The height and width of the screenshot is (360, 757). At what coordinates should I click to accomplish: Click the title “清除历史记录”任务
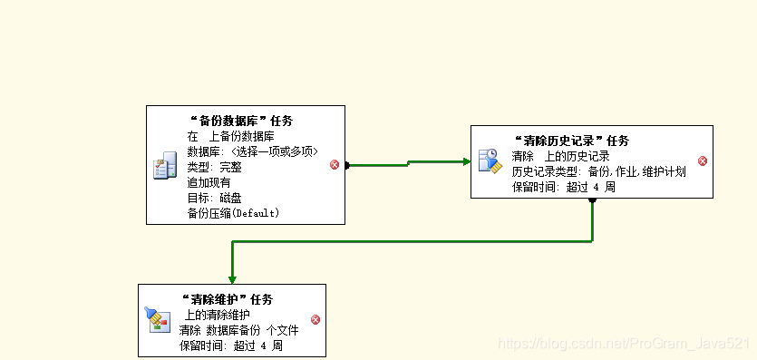coord(570,141)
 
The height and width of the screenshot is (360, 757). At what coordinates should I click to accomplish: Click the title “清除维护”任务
coord(227,299)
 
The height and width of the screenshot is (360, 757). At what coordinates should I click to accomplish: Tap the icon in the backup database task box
coord(164,166)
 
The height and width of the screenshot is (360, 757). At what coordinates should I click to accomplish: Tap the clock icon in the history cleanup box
coord(489,161)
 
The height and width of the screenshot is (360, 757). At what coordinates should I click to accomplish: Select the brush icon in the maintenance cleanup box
coord(155,317)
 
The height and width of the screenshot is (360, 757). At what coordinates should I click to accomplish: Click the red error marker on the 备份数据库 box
coord(334,164)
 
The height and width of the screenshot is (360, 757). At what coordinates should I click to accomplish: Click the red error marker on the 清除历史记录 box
coord(703,161)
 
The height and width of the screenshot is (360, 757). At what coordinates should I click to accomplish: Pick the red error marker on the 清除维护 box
coord(315,319)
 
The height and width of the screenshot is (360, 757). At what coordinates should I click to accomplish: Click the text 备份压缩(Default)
coord(233,213)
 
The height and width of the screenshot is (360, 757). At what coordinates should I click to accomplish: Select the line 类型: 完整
coord(215,167)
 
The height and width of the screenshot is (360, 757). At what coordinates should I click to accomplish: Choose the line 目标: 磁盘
coord(214,198)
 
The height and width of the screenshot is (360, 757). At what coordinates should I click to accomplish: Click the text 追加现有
coord(209,182)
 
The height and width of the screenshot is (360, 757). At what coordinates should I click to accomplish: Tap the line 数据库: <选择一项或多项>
coord(252,151)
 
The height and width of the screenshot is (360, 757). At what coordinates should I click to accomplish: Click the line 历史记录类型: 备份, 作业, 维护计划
coord(598,171)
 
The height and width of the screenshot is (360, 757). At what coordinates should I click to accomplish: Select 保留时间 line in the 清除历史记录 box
coord(564,187)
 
